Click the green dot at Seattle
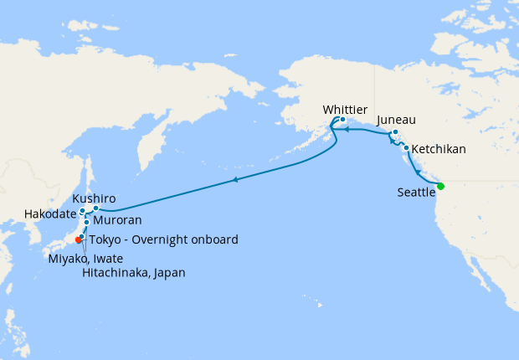(x=440, y=186)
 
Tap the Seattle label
(x=416, y=193)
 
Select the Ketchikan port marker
(x=406, y=148)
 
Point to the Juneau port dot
(x=394, y=132)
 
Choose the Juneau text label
(x=397, y=120)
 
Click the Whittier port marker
(x=342, y=120)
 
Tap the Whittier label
(x=345, y=108)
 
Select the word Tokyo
(x=105, y=240)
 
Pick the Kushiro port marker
(x=96, y=208)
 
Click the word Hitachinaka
(x=115, y=272)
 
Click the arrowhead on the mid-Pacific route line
(x=236, y=180)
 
